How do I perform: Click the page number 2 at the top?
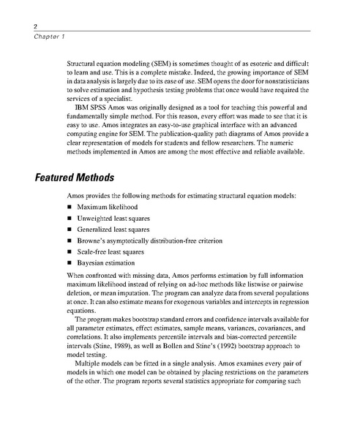15,26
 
